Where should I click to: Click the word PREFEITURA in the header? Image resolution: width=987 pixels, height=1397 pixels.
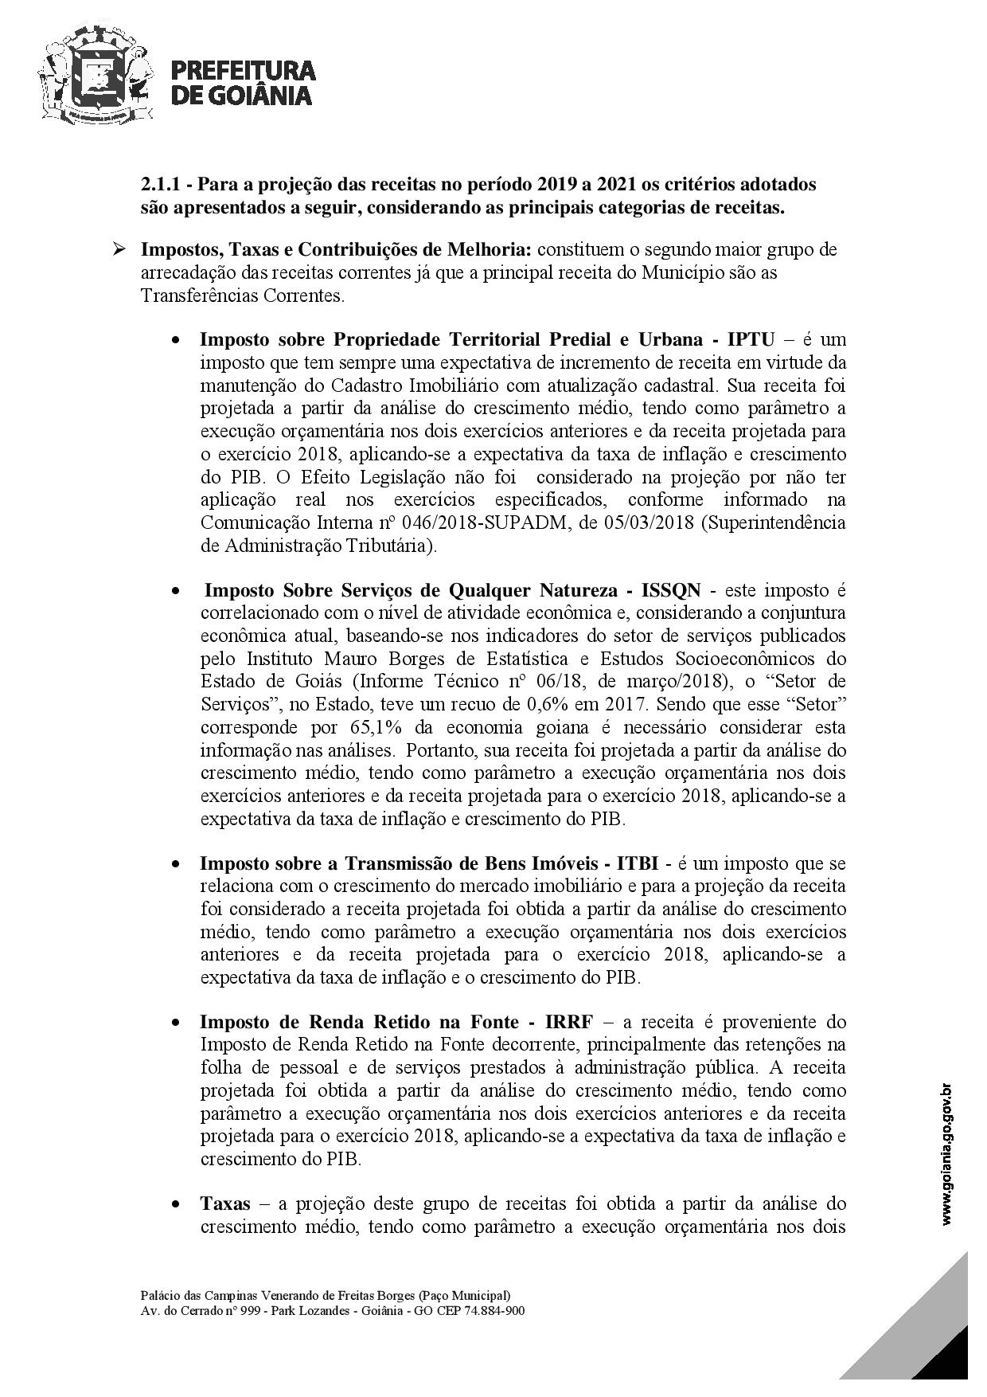(244, 71)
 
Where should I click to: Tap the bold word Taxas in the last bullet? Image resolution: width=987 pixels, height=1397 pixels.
(224, 1203)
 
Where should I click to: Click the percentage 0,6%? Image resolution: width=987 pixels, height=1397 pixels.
(548, 705)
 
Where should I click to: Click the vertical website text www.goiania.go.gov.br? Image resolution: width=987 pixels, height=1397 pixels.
(946, 1154)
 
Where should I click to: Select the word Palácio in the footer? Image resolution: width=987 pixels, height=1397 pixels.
(156, 1296)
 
